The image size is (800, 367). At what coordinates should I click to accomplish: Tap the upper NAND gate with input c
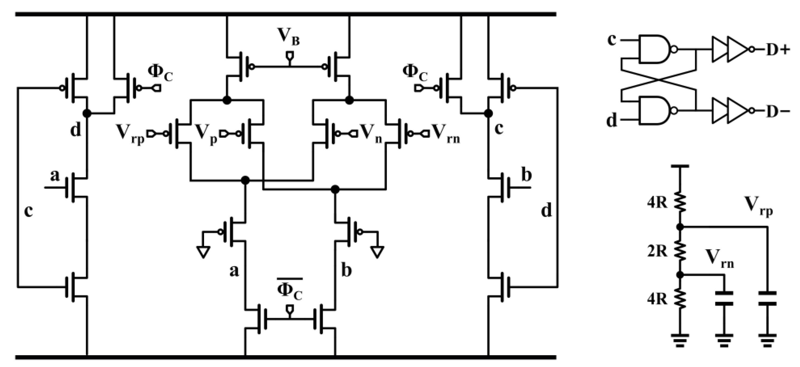tap(654, 49)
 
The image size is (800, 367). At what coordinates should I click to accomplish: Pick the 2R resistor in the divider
tap(680, 251)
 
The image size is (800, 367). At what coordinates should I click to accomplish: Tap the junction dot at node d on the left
tap(87, 114)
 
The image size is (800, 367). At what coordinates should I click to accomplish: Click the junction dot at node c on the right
tap(489, 114)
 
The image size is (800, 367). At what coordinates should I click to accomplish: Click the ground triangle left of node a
tap(203, 252)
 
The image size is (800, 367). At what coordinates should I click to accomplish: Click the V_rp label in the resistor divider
tap(758, 206)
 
